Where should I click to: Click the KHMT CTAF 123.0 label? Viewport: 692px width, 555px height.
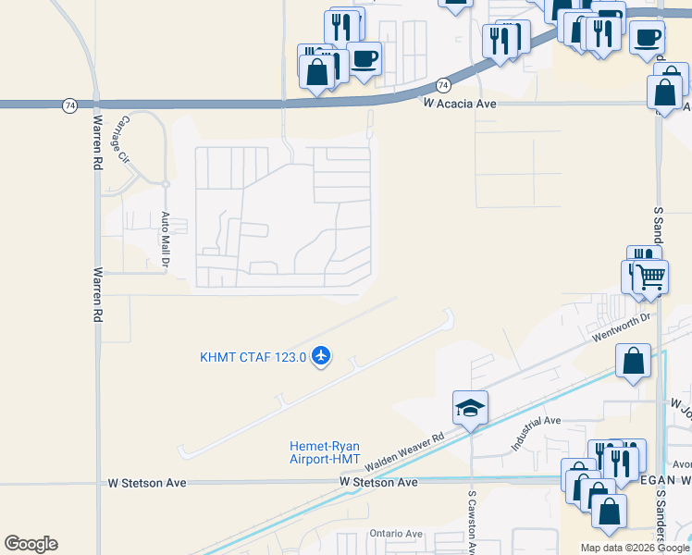253,357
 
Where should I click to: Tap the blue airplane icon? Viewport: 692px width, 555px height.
321,355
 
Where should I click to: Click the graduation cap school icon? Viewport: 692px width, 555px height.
470,407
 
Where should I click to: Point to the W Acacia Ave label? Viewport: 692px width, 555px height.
460,105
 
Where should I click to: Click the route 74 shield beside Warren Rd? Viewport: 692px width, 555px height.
70,105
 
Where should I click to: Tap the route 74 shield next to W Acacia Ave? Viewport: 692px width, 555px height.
443,85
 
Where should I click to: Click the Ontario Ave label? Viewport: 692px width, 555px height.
395,534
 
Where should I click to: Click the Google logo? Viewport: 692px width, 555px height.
31,544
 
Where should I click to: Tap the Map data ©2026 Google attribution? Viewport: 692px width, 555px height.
636,548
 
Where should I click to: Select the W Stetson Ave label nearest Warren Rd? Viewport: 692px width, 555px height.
147,483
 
